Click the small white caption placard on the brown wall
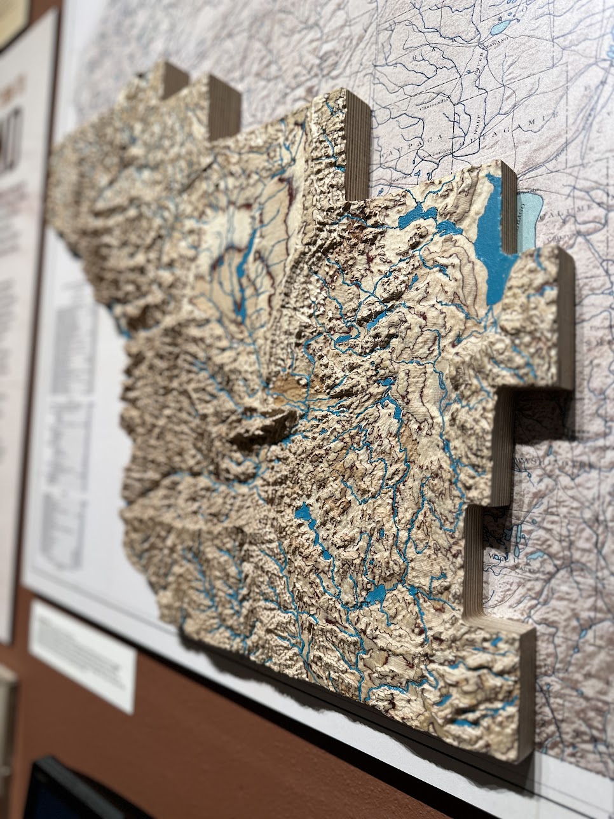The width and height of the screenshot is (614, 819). pos(83,655)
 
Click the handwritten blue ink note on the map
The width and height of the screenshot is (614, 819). pos(508,534)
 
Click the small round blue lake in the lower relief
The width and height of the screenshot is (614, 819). pos(376,595)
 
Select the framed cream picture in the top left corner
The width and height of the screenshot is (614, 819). pos(13,19)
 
